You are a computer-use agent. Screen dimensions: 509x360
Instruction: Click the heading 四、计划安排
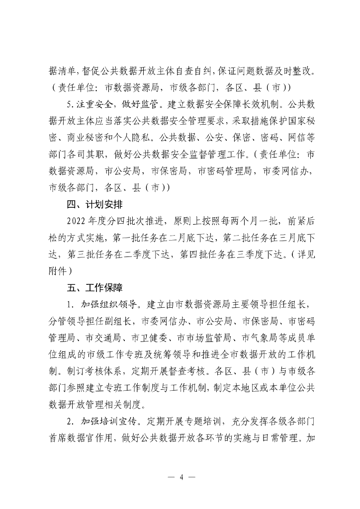95,204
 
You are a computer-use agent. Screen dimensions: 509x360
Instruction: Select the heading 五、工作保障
95,288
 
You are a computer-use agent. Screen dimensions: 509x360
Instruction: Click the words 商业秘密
86,138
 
